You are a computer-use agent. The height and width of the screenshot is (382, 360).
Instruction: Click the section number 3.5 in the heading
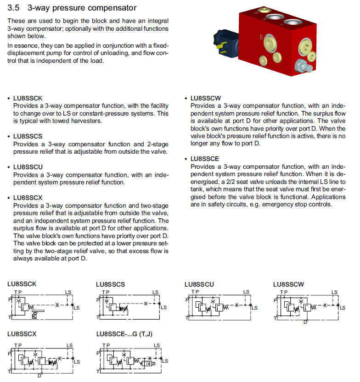(x=14, y=8)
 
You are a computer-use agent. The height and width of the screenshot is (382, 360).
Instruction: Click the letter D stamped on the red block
(x=261, y=36)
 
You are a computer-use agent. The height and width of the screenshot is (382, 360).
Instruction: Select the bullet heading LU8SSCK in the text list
(x=28, y=99)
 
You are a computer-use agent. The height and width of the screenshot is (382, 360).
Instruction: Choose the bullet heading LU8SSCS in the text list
(x=28, y=136)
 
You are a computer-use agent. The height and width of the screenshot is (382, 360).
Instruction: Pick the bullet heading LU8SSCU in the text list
(x=28, y=167)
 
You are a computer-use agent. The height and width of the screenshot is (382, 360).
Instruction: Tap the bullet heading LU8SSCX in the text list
(x=28, y=198)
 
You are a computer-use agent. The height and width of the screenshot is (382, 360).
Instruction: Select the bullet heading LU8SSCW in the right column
(x=206, y=98)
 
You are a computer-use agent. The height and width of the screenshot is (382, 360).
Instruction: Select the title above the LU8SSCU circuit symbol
(x=199, y=284)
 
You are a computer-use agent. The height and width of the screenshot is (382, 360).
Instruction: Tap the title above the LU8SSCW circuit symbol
(x=288, y=284)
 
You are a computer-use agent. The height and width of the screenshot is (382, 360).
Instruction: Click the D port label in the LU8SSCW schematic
(x=305, y=322)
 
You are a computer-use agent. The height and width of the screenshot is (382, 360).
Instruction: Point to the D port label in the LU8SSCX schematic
(x=39, y=376)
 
